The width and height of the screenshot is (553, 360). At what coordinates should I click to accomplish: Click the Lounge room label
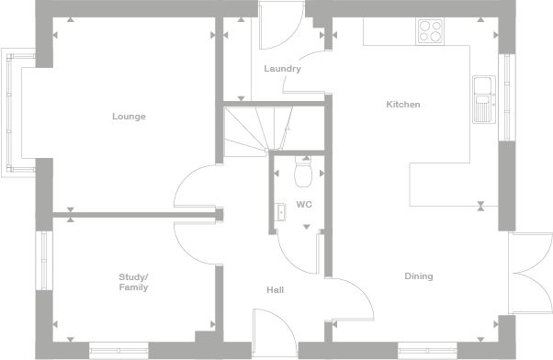click(x=129, y=117)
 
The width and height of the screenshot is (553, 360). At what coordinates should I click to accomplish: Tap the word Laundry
click(x=282, y=69)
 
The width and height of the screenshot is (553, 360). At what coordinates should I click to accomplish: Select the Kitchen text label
click(x=402, y=105)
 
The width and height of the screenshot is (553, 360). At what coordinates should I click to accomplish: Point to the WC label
click(x=304, y=205)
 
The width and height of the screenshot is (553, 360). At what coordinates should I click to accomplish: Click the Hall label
click(x=275, y=290)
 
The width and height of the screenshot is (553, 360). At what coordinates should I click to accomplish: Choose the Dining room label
click(x=418, y=276)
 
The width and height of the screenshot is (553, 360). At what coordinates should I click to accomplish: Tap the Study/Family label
click(x=133, y=282)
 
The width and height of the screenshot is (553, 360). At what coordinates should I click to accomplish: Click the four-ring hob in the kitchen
click(x=430, y=31)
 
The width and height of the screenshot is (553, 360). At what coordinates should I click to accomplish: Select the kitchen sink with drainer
click(x=482, y=98)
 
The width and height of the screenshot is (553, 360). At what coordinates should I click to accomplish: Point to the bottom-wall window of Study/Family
click(x=119, y=349)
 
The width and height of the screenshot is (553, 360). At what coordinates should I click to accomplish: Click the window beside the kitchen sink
click(x=503, y=96)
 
